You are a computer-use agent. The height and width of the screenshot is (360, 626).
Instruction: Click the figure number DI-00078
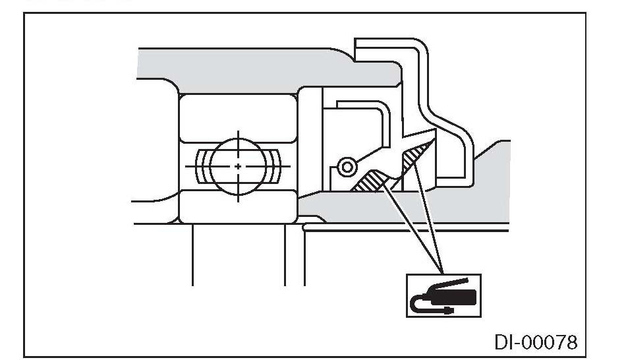point(536,342)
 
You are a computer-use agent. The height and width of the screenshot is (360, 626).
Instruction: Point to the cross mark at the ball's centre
point(238,165)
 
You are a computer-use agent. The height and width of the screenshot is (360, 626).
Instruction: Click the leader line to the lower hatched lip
point(412,231)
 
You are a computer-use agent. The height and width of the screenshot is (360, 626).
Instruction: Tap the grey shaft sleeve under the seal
point(395,211)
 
